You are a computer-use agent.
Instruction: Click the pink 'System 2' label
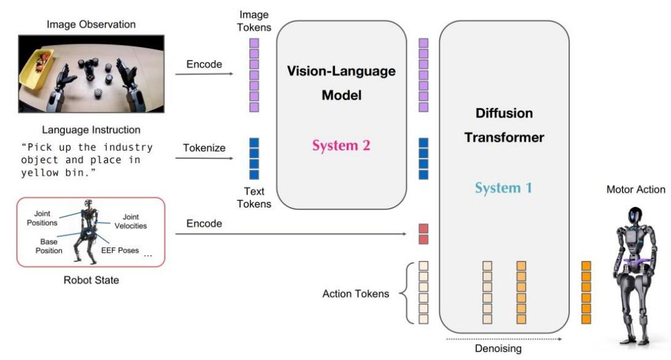(341, 146)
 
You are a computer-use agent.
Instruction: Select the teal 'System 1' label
(504, 188)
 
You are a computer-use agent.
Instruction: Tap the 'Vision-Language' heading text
(341, 71)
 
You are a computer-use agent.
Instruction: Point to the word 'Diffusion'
(504, 113)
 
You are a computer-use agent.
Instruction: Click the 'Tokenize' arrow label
(204, 147)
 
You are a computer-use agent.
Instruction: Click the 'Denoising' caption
(498, 349)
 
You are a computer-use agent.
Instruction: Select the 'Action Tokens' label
(355, 294)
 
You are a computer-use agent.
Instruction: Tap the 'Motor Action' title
(635, 189)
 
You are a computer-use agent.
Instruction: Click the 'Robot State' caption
(91, 280)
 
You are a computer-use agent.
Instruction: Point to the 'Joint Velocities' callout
(131, 221)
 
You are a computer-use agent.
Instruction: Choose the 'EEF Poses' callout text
(120, 251)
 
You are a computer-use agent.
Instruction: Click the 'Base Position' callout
(49, 246)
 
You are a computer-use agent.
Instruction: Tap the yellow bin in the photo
(36, 69)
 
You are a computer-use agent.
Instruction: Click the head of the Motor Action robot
(635, 217)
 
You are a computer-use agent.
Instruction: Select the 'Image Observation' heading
(91, 24)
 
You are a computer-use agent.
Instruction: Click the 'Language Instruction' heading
(91, 130)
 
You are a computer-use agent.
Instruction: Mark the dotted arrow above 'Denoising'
(504, 339)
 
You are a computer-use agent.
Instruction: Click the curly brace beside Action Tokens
(405, 293)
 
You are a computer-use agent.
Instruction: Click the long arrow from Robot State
(291, 234)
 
